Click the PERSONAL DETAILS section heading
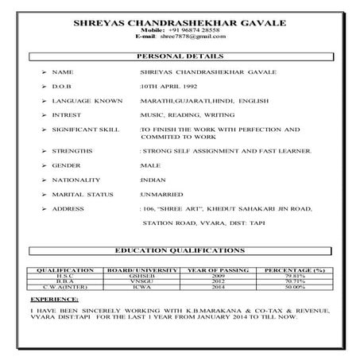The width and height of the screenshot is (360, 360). coord(180,57)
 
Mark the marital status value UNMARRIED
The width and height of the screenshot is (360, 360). coord(161,194)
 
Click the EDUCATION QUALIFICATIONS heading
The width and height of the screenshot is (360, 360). coord(180,250)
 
